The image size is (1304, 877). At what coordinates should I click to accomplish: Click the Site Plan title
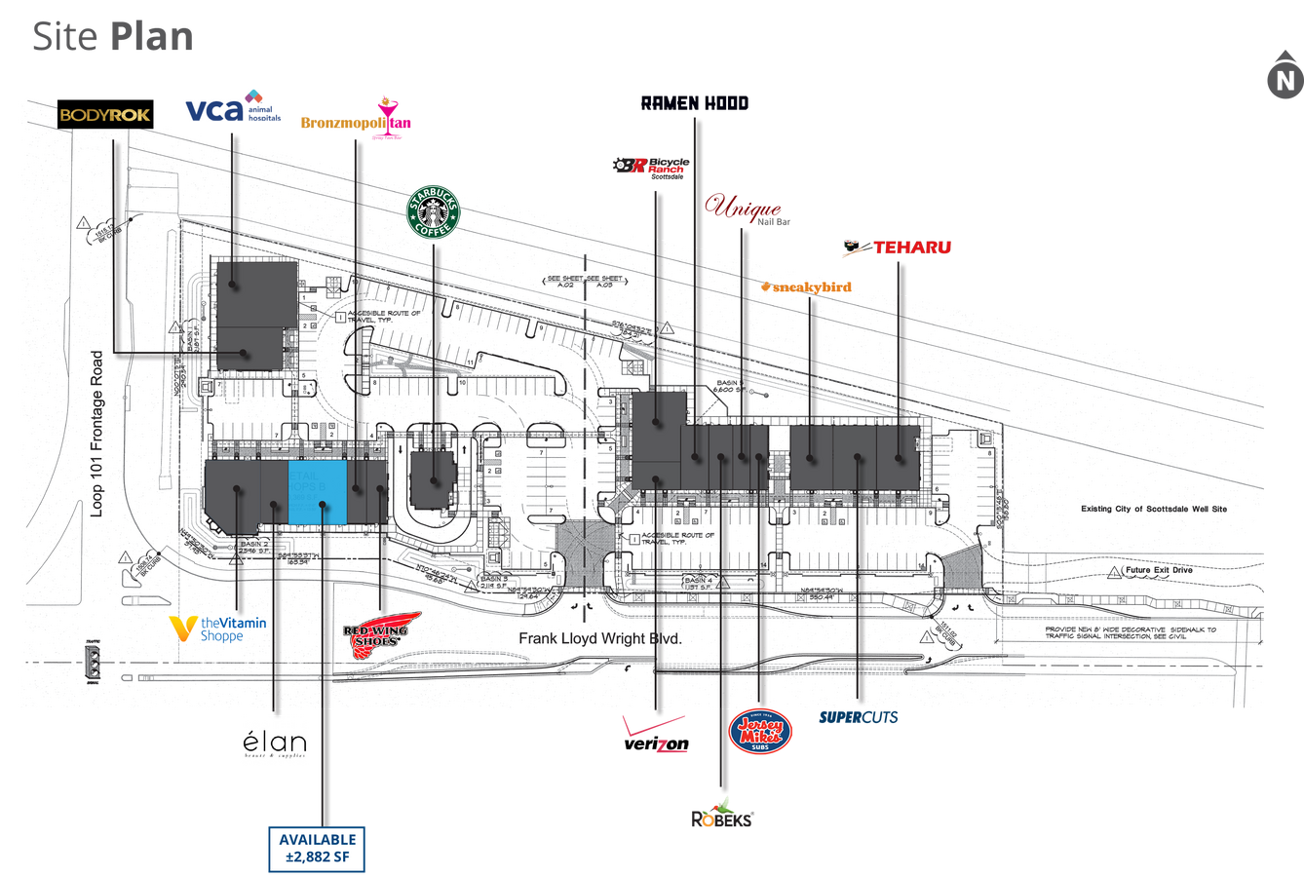click(113, 37)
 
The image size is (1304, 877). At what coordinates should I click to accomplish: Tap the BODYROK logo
click(104, 115)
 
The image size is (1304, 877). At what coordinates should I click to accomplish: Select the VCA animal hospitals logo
click(230, 106)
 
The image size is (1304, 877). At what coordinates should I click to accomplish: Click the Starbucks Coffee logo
click(434, 211)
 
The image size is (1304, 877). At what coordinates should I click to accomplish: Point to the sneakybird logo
click(806, 286)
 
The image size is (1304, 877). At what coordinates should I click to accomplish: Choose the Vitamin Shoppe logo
click(218, 629)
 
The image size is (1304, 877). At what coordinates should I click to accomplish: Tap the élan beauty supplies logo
click(274, 741)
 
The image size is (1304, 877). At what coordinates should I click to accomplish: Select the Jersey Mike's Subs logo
click(761, 733)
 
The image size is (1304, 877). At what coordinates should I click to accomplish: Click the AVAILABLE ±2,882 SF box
click(318, 849)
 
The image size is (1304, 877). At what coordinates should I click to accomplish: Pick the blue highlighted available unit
click(318, 491)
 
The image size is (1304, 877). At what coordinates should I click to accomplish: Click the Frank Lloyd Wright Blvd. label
click(599, 639)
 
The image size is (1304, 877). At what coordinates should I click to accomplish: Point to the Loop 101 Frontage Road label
click(96, 434)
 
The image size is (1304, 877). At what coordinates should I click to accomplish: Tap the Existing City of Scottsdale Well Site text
click(1154, 509)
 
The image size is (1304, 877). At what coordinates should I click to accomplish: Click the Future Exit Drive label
click(1158, 570)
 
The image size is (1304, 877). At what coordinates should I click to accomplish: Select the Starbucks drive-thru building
click(433, 477)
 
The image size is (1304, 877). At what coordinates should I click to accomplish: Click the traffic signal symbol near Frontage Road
click(95, 664)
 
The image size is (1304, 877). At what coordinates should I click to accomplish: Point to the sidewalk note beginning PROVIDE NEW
click(1130, 632)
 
